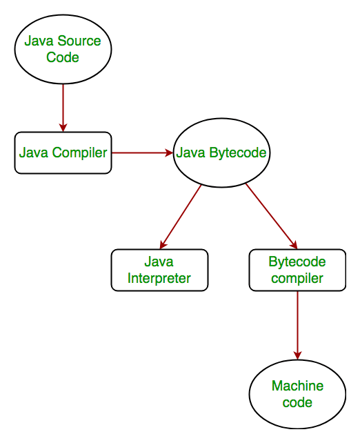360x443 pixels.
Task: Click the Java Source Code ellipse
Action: point(63,49)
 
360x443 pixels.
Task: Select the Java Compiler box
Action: point(63,152)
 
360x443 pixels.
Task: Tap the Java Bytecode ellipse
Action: point(221,152)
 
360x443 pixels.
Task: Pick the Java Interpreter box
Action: point(159,270)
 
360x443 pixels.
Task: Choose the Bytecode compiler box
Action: point(297,270)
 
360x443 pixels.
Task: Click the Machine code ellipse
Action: point(297,394)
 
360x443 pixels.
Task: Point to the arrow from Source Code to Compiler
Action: point(63,107)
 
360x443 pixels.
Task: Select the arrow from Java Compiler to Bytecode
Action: point(141,152)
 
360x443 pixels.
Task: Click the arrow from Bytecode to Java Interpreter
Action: point(181,216)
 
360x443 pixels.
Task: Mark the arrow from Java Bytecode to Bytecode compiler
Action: point(270,216)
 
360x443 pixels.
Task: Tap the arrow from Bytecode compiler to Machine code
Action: point(297,324)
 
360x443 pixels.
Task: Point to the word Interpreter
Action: point(159,278)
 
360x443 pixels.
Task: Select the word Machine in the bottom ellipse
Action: point(297,386)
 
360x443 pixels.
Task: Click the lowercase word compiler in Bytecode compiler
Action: point(297,278)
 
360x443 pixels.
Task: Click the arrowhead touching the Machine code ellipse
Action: point(297,354)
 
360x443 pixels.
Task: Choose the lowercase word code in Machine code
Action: point(297,402)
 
